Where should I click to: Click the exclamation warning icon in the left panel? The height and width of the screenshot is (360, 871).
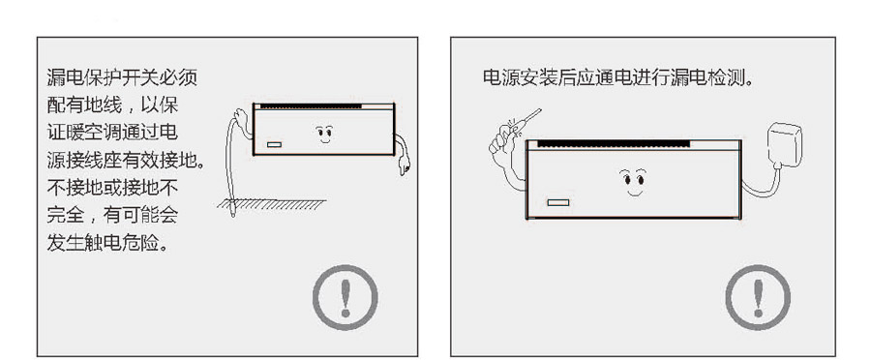[344, 296]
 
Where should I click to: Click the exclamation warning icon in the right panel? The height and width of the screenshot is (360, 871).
[759, 296]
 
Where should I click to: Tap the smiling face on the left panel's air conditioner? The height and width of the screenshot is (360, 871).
[324, 131]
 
